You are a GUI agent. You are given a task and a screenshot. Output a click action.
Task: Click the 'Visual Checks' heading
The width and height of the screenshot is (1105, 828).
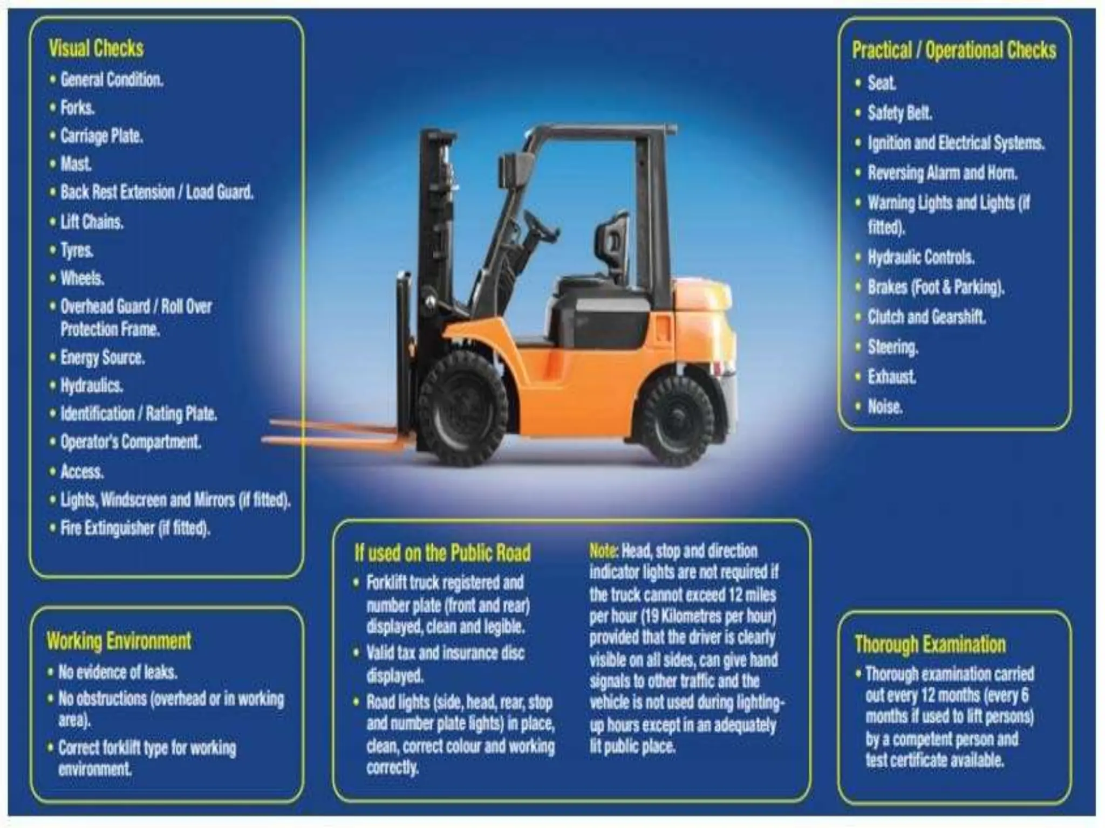point(96,49)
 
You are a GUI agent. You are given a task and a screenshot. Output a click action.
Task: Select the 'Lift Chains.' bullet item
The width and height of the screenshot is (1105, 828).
point(92,222)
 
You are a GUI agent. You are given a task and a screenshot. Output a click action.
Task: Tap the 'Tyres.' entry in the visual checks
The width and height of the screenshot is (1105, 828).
point(77,250)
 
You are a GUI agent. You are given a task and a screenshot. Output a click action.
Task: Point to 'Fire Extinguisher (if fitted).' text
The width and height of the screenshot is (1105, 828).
point(135,528)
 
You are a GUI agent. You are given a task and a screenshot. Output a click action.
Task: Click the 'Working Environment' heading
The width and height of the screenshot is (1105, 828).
point(119,641)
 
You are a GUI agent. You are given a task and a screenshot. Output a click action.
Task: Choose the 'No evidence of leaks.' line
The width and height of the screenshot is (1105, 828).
point(118,672)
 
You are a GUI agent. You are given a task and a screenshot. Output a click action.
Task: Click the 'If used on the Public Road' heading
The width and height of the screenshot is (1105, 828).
point(442,553)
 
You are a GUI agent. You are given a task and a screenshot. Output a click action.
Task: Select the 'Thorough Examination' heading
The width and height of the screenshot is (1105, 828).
point(930,645)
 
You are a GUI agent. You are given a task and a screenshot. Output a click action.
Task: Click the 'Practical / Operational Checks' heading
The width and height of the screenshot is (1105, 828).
point(954,50)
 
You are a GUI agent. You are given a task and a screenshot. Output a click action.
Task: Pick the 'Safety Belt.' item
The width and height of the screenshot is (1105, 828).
point(899,113)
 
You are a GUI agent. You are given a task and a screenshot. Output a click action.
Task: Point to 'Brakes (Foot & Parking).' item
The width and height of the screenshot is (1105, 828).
point(936,287)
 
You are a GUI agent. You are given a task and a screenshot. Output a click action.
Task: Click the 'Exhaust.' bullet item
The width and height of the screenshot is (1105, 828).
point(891,376)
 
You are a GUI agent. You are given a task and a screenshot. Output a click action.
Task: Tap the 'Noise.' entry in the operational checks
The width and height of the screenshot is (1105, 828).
point(885,406)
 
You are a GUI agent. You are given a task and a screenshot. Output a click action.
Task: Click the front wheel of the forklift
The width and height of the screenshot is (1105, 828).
point(463,409)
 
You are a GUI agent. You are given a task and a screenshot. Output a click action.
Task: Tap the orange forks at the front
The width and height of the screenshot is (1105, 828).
point(335,434)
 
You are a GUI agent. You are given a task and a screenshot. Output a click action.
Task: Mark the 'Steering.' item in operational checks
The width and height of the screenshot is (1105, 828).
point(892,347)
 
